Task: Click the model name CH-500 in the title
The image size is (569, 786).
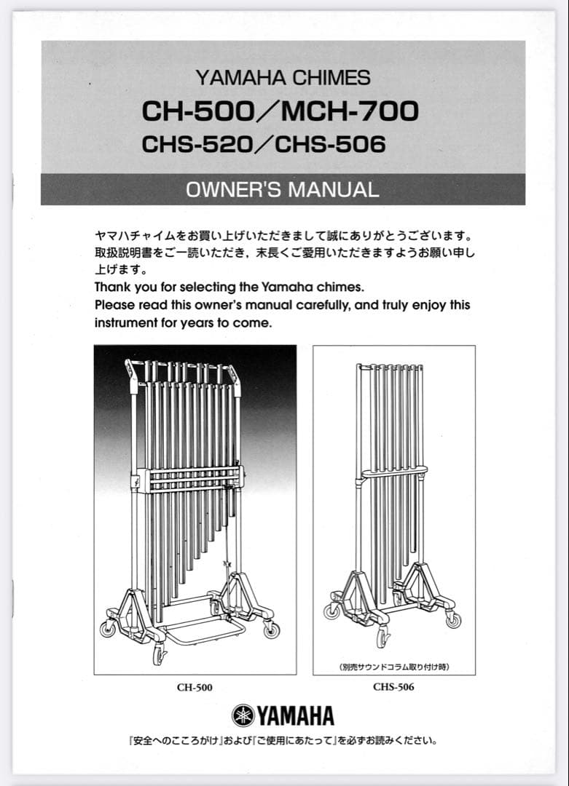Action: pyautogui.click(x=195, y=111)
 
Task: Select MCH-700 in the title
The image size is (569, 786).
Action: pyautogui.click(x=350, y=111)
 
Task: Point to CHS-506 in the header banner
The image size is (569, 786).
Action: pyautogui.click(x=330, y=144)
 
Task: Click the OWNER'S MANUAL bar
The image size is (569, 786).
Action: pyautogui.click(x=283, y=190)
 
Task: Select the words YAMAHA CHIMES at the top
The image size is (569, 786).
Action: pyautogui.click(x=283, y=77)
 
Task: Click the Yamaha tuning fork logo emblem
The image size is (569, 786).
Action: pyautogui.click(x=243, y=715)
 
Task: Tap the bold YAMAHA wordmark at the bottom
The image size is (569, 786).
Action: pyautogui.click(x=294, y=716)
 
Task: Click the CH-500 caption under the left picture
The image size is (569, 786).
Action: pyautogui.click(x=195, y=687)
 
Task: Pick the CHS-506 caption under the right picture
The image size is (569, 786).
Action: pyautogui.click(x=393, y=686)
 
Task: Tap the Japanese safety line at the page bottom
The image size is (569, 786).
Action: pyautogui.click(x=283, y=742)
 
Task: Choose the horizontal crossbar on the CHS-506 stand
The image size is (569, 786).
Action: pyautogui.click(x=393, y=474)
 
